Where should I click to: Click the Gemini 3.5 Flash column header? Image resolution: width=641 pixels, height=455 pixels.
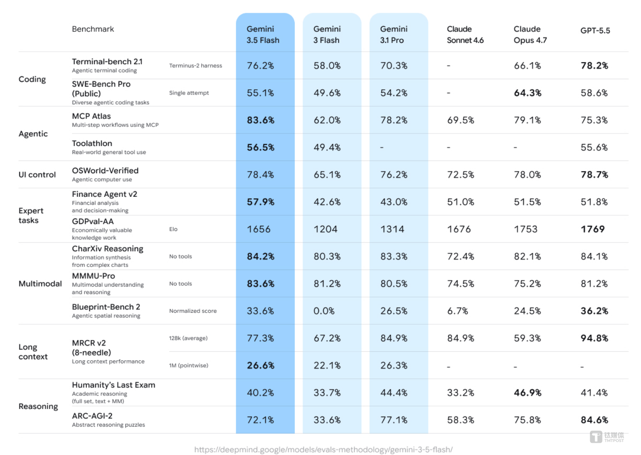[x=263, y=35]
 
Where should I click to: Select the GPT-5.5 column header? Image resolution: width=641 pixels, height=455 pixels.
[x=595, y=31]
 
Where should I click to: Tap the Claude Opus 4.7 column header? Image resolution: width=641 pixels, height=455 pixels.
[x=530, y=35]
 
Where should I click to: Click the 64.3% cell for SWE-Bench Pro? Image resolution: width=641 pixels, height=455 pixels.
[x=527, y=93]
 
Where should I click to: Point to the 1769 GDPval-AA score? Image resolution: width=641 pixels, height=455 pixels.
[x=592, y=229]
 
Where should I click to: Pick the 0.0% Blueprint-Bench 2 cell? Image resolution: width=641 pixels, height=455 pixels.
[x=324, y=311]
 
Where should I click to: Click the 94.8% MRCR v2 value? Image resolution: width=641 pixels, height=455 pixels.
[x=594, y=338]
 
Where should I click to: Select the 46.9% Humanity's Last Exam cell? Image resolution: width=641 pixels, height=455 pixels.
[x=527, y=392]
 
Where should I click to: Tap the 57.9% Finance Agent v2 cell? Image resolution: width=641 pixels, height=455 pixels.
[x=261, y=202]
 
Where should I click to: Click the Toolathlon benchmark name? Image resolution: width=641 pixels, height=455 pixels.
[x=92, y=143]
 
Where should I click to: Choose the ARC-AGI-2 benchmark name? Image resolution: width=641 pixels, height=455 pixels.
[x=92, y=416]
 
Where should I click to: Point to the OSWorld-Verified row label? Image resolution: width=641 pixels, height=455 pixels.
[x=105, y=171]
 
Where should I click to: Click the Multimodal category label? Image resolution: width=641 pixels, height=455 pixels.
[x=40, y=283]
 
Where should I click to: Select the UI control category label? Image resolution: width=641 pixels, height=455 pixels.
[x=37, y=175]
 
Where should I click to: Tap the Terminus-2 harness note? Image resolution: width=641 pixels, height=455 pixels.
[x=195, y=66]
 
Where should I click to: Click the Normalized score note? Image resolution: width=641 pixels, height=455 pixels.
[x=193, y=311]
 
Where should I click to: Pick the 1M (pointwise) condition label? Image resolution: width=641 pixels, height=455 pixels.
[x=188, y=365]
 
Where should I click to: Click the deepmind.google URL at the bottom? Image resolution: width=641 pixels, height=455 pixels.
[x=324, y=449]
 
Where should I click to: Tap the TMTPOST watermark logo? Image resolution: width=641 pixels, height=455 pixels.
[x=606, y=437]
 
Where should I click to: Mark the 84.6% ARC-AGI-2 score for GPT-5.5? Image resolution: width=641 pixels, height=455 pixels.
[x=594, y=420]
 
